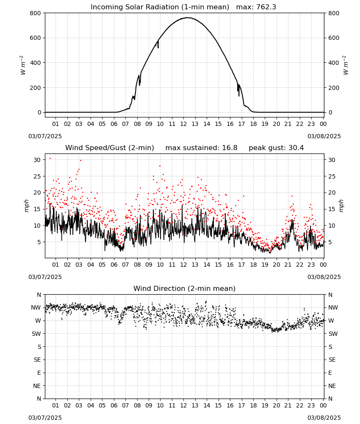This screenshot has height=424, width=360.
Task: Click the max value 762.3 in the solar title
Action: (x=264, y=7)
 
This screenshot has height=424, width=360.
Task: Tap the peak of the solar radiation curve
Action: (x=188, y=18)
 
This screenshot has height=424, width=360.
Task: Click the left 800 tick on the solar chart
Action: (x=36, y=13)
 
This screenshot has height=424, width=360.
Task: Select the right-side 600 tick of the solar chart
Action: (x=334, y=38)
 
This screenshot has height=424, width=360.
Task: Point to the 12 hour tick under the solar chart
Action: (x=183, y=124)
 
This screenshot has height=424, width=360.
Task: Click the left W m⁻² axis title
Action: (x=23, y=65)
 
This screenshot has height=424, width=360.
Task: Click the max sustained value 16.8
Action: (x=230, y=148)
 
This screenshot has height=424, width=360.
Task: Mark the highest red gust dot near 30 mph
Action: (x=50, y=159)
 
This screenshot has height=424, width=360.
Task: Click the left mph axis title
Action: (x=26, y=206)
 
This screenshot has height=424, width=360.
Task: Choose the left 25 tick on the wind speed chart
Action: (x=37, y=176)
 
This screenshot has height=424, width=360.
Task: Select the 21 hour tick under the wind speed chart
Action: (x=288, y=265)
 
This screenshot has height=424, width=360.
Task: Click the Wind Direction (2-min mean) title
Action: (x=185, y=288)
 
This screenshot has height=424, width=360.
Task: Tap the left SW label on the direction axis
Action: (x=36, y=334)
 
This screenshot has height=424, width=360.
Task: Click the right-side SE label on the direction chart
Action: (x=332, y=360)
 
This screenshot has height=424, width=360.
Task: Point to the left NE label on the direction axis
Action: (x=37, y=386)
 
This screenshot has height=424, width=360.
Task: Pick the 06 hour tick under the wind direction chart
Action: (x=114, y=405)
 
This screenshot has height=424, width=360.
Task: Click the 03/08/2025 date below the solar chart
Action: (x=324, y=136)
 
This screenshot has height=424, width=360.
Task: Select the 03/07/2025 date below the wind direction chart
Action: (x=45, y=418)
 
